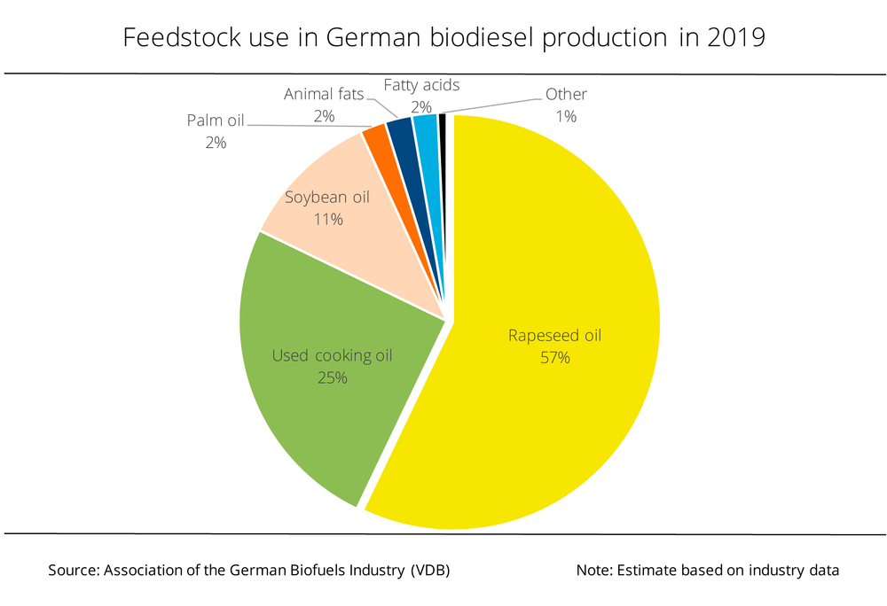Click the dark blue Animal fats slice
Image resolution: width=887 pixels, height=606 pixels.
(x=404, y=142)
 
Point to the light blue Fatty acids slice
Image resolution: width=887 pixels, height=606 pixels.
(x=427, y=137)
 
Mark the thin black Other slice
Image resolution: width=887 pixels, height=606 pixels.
(x=442, y=133)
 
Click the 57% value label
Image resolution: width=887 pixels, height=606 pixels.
(x=554, y=357)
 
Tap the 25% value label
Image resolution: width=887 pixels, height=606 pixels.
(x=331, y=377)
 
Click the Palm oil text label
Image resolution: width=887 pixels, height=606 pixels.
(x=216, y=120)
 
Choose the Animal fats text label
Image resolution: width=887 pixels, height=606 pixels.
(x=324, y=94)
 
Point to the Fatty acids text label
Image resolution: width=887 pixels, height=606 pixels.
(x=421, y=85)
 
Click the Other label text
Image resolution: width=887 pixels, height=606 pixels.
(x=566, y=94)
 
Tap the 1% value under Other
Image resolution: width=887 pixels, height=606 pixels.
(x=566, y=115)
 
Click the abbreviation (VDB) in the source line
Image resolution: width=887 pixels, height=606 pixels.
(x=430, y=571)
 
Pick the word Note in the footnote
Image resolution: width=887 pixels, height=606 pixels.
(x=592, y=571)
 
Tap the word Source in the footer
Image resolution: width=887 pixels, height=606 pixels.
(x=73, y=571)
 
